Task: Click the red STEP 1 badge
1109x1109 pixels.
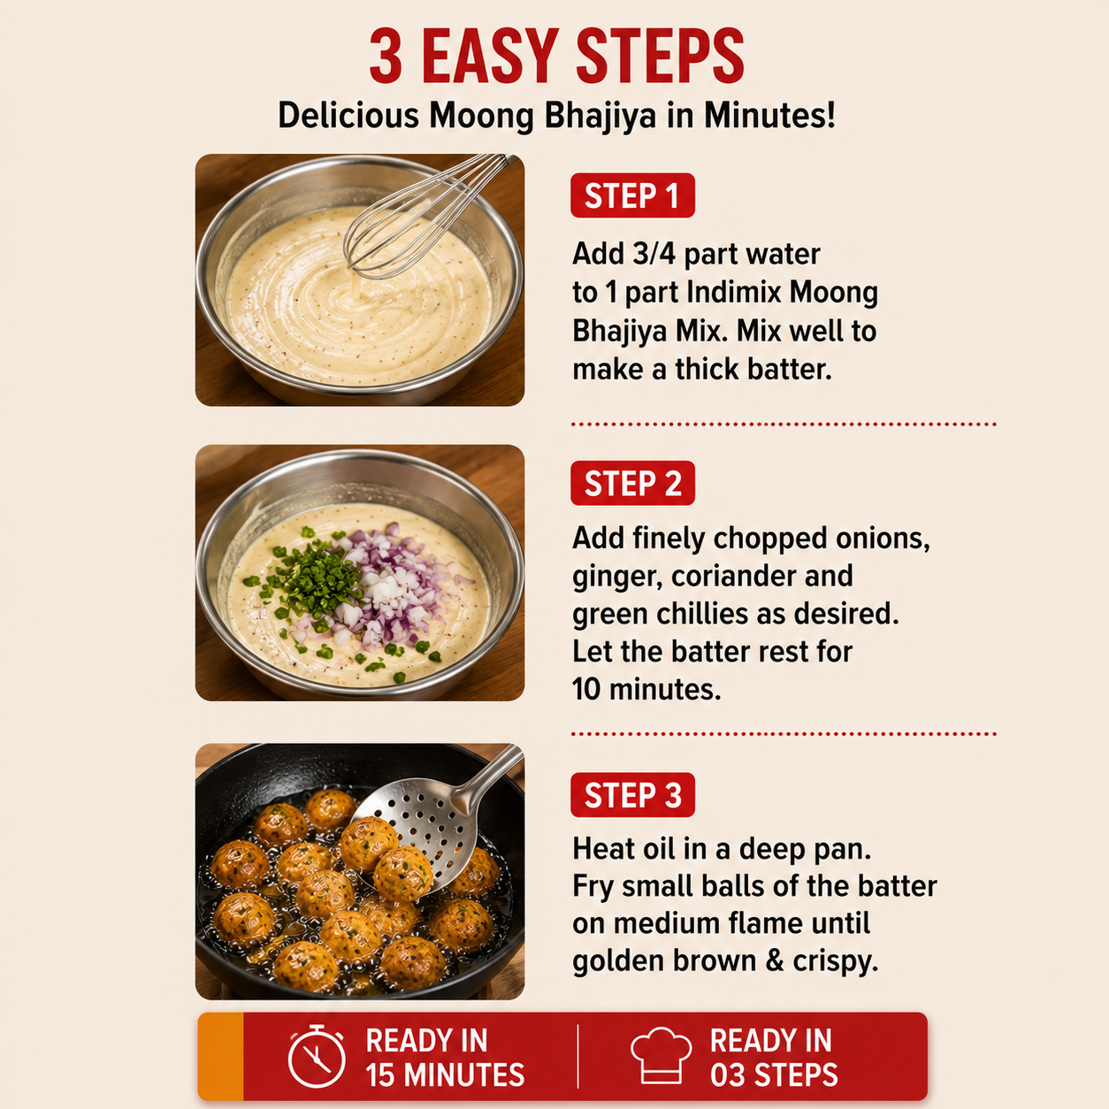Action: coord(632,195)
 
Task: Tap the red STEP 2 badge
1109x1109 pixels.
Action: coord(632,483)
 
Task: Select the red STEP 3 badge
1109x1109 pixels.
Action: coord(632,795)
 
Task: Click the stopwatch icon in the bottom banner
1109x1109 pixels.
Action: coord(317,1057)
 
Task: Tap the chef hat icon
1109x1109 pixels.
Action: coord(662,1057)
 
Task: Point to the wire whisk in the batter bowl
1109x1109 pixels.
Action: coord(426,218)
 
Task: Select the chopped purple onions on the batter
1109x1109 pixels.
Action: coord(397,587)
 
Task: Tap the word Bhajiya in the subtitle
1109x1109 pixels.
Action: coord(600,116)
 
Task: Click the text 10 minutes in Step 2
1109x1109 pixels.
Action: coord(646,689)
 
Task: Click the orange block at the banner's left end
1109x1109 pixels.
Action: coord(220,1056)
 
